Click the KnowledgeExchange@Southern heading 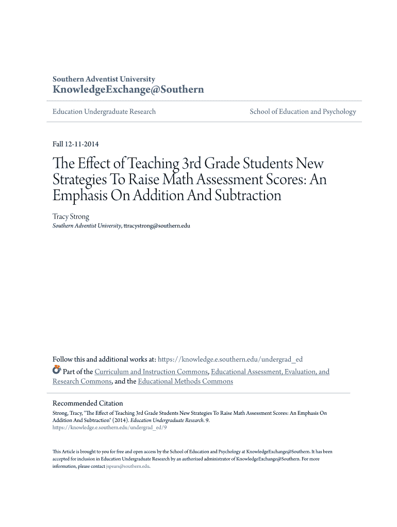128,90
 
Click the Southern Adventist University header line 104,79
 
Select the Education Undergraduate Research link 104,112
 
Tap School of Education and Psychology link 303,112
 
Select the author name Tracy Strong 71,217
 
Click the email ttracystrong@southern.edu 157,226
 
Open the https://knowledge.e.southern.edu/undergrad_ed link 230,359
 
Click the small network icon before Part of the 57,370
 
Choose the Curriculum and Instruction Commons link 151,372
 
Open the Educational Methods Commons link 186,381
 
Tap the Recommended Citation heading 88,403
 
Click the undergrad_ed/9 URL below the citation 110,427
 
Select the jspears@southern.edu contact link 127,466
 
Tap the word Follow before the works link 63,359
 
